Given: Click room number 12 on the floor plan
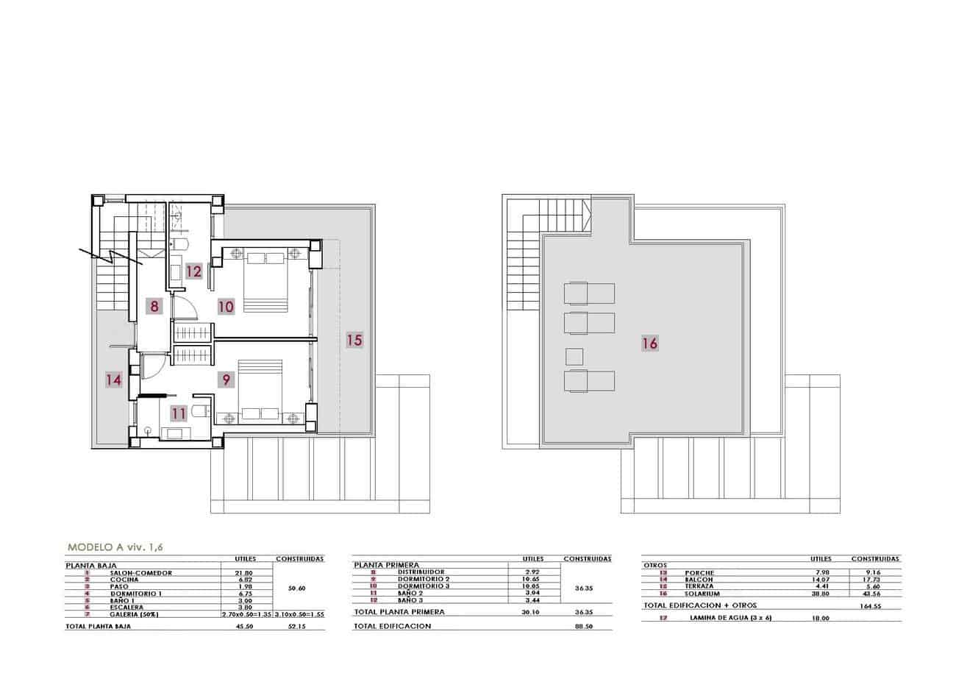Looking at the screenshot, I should (193, 271).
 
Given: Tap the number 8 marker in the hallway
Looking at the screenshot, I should (154, 306).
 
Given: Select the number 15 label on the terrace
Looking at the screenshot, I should (354, 340).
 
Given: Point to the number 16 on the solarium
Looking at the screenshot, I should (649, 343).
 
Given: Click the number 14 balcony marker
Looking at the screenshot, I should (113, 380).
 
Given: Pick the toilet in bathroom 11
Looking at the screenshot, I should (199, 413).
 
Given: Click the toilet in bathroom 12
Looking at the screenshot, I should (179, 244).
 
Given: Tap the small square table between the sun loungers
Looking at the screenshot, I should (574, 357).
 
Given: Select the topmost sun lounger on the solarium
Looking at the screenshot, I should (588, 293).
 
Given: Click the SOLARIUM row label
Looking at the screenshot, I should (700, 594).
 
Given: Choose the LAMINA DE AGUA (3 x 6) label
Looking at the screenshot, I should (730, 618).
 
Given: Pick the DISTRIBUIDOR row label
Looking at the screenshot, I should (421, 572).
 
